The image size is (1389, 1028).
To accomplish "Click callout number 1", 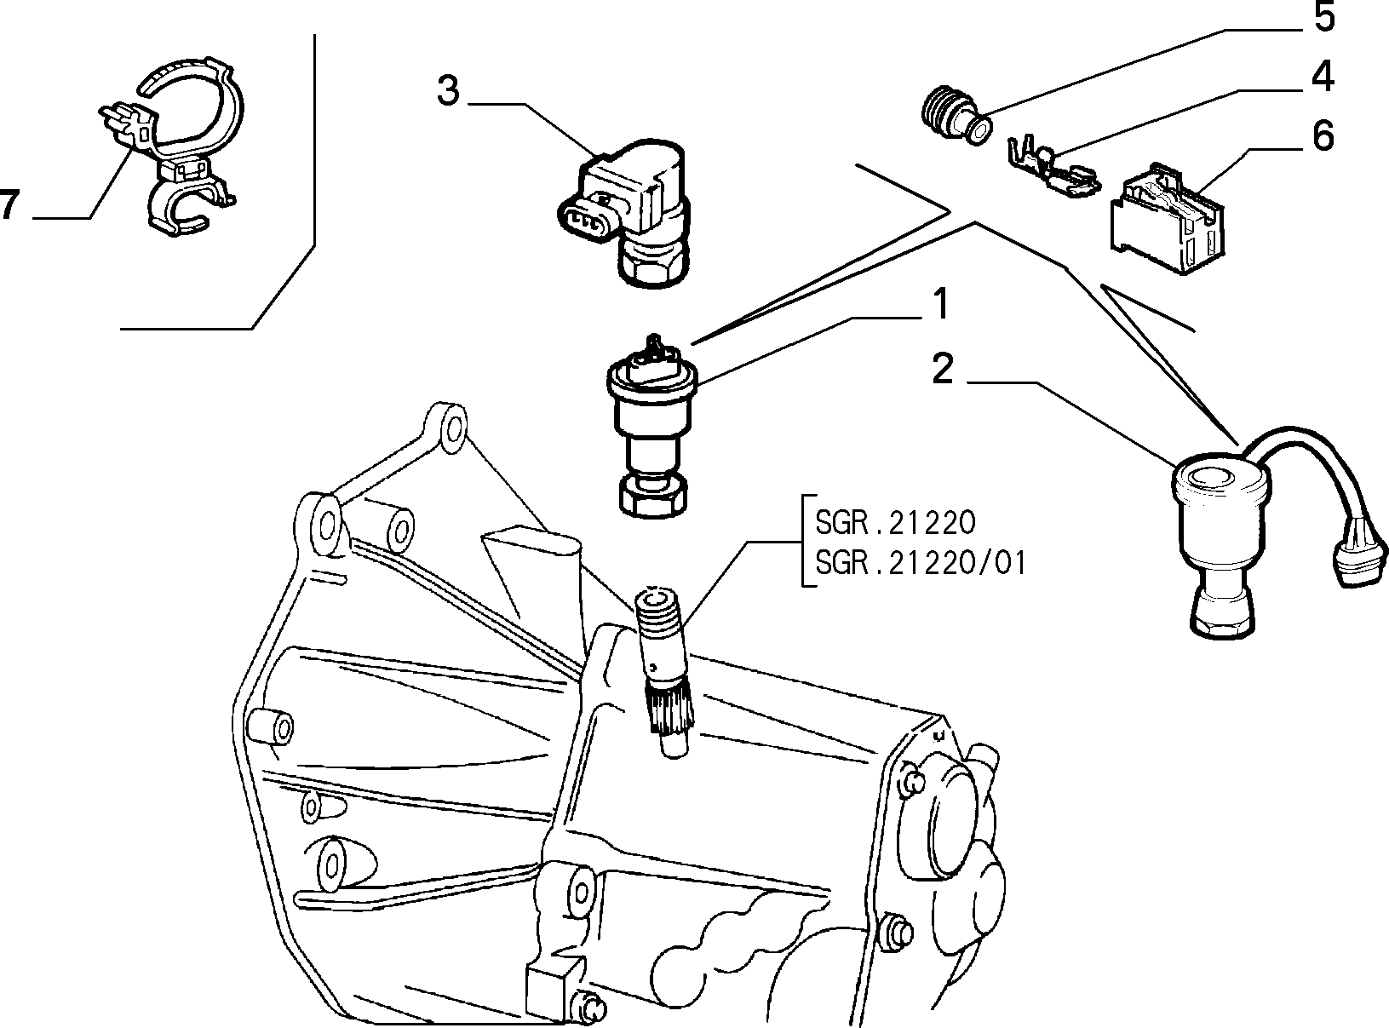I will pos(939,305).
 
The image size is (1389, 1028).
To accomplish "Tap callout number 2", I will pos(943,370).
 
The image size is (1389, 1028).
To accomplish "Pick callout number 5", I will pos(1323,19).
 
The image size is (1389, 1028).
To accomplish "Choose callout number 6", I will pos(1322,136).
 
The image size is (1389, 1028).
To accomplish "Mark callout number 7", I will pos(9,207).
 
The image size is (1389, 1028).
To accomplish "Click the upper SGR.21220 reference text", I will pos(895,521).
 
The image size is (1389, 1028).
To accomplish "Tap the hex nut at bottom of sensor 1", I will pos(651,494).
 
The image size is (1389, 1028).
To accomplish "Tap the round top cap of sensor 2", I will pos(1219,477).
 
